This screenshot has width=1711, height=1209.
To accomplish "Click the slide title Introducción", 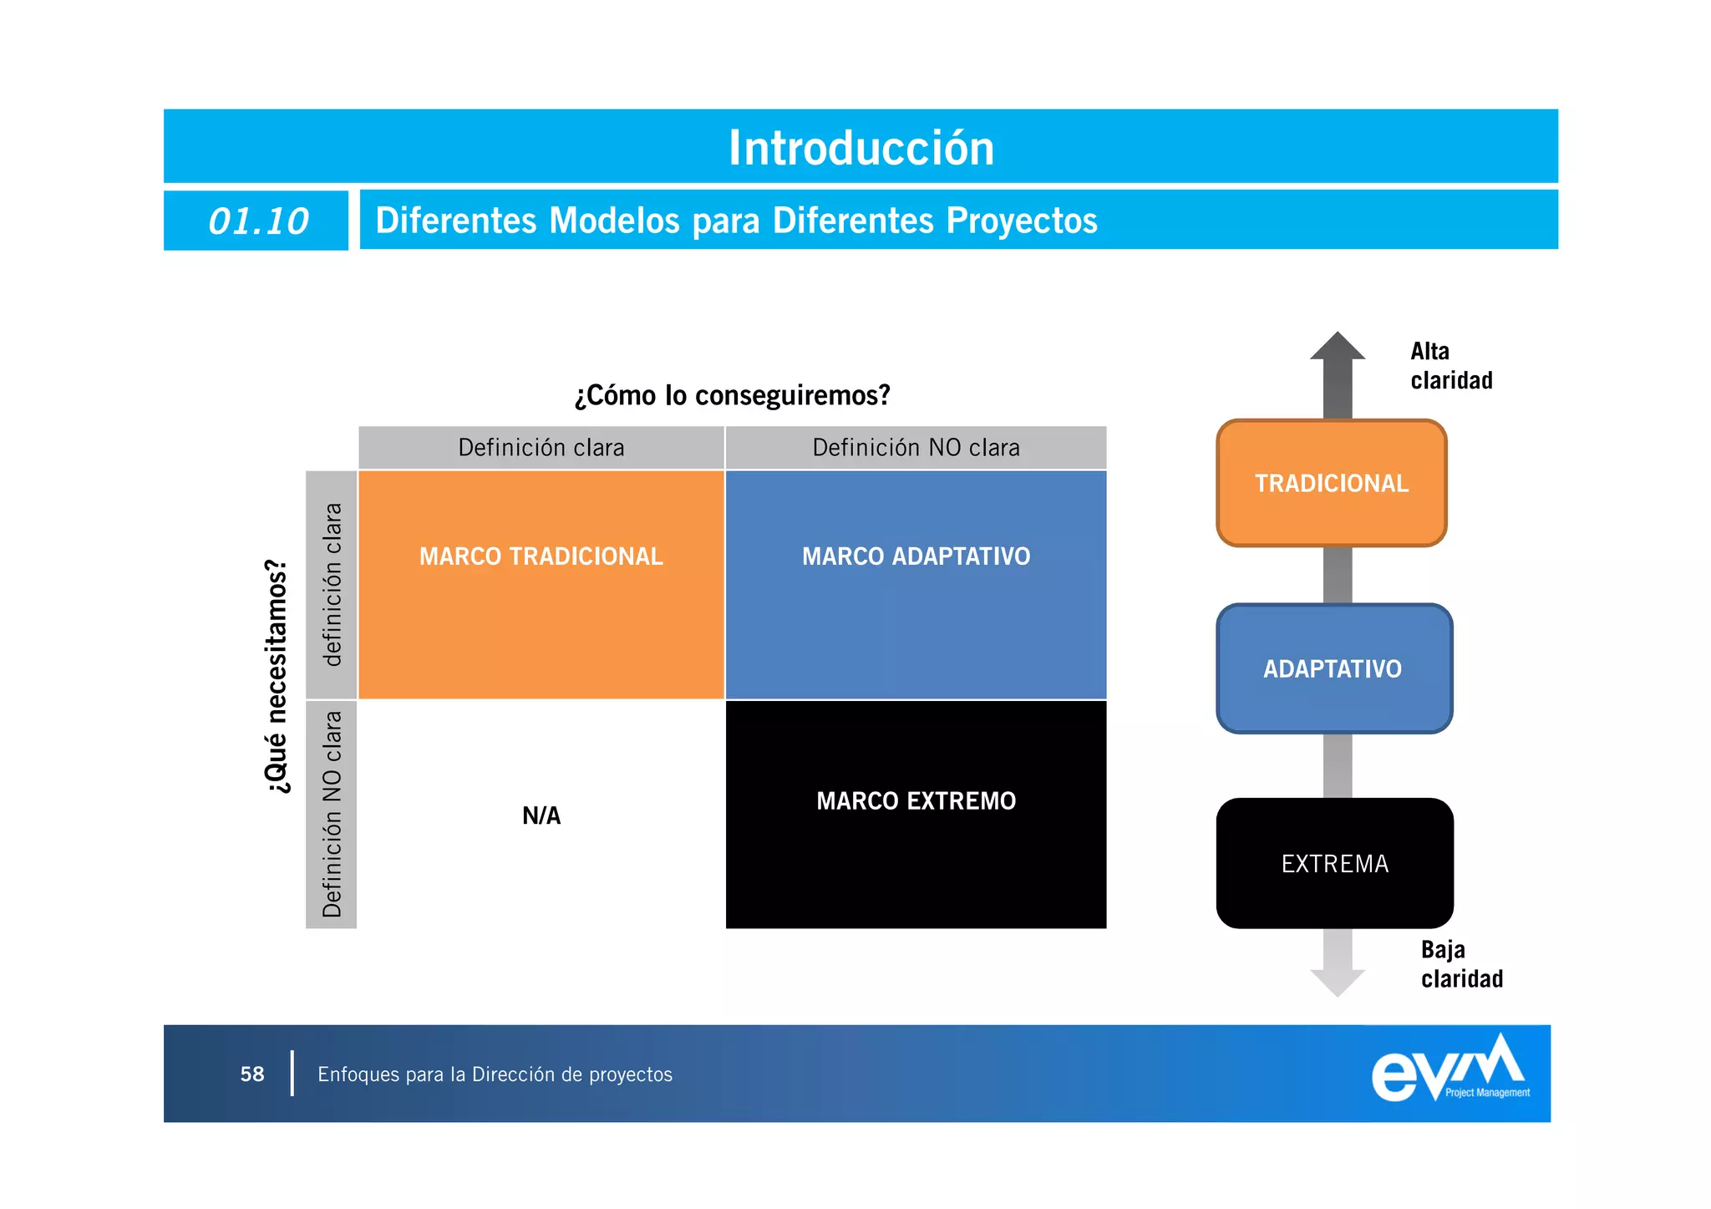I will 861,148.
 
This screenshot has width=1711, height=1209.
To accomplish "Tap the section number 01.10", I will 257,221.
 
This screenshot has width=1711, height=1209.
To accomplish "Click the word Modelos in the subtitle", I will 614,221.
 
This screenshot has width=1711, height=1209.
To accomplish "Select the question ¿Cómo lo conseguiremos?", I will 732,394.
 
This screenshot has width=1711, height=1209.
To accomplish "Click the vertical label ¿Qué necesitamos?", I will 277,676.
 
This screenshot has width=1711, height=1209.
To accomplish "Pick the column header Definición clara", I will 541,448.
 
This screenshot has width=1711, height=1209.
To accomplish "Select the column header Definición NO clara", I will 916,448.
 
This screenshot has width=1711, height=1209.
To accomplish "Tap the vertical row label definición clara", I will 332,585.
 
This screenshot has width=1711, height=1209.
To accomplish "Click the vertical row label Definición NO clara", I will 332,815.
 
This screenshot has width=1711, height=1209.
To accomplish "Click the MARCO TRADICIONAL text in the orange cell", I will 541,556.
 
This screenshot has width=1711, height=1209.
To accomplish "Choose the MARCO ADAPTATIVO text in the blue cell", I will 916,556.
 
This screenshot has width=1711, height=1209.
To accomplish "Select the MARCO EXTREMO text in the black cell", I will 916,801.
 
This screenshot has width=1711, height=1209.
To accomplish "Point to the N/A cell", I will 541,815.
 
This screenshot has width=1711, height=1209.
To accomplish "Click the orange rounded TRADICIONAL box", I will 1332,484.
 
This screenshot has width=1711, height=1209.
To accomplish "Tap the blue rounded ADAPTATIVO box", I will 1333,669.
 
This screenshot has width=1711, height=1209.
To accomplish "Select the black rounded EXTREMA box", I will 1335,864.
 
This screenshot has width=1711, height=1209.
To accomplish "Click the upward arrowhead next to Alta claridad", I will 1338,347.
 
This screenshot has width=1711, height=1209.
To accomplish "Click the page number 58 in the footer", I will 252,1074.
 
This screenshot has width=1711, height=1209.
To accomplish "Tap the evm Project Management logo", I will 1450,1070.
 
